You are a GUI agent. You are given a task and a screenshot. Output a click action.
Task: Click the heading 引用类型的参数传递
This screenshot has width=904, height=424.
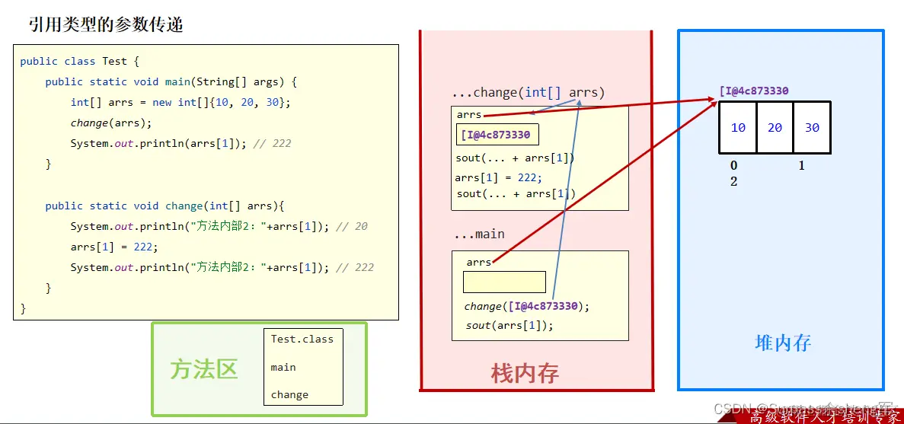(106, 24)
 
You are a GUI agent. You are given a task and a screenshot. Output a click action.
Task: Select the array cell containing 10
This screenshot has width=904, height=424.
(738, 128)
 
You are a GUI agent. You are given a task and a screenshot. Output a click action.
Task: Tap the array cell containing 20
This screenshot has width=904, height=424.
(775, 128)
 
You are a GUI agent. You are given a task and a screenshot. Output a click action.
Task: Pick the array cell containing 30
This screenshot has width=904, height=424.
(812, 128)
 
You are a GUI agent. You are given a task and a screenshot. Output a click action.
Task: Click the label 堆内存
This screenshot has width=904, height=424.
(783, 343)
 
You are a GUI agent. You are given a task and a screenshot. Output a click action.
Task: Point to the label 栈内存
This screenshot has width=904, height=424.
(525, 373)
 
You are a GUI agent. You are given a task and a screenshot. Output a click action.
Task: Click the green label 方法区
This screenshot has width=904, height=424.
(204, 369)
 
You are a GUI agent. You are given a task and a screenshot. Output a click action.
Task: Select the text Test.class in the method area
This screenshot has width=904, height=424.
(302, 340)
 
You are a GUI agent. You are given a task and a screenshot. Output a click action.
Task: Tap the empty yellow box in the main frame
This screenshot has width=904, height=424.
(504, 282)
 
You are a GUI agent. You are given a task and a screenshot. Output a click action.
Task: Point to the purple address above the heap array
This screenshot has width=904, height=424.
(753, 91)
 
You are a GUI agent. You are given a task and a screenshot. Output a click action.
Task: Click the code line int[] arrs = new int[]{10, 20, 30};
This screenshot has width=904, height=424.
(180, 102)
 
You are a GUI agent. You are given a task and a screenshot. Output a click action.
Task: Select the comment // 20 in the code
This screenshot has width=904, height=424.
(351, 226)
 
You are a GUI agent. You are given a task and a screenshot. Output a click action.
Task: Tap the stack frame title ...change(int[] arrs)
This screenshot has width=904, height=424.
(528, 93)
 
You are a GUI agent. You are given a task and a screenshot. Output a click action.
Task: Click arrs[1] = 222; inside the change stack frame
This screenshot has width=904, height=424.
(498, 177)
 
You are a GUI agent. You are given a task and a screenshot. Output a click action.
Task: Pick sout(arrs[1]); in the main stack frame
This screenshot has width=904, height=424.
(509, 325)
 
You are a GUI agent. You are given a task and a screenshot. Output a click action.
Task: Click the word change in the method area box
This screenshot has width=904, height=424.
(289, 395)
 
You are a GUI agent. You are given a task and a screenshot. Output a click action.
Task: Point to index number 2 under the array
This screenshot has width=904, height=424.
(734, 181)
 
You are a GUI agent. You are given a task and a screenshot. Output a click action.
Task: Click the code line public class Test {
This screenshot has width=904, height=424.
(80, 61)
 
